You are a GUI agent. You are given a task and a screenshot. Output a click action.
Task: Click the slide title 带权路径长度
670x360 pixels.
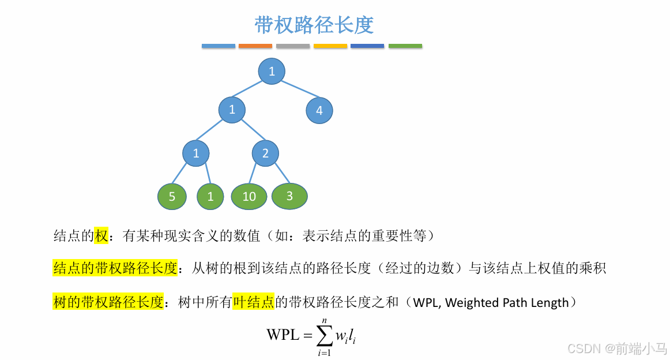[314, 25]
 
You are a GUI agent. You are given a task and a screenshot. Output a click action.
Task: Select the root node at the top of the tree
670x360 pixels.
[272, 72]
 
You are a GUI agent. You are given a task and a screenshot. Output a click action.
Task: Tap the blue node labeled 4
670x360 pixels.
[319, 111]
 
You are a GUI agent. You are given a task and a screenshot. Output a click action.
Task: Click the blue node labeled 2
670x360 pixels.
[265, 153]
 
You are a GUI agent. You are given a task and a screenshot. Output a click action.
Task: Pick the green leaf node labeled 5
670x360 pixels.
[172, 197]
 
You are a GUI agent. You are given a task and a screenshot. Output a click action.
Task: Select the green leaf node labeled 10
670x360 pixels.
[249, 197]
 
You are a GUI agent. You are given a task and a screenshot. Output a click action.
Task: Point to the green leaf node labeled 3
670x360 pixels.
[289, 196]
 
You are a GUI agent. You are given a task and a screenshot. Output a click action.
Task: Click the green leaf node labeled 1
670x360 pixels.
[210, 197]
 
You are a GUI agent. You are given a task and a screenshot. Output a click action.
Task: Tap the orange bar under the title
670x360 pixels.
[255, 46]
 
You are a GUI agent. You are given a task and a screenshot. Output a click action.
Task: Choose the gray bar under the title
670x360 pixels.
[293, 46]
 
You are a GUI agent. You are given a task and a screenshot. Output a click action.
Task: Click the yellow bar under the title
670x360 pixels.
[330, 46]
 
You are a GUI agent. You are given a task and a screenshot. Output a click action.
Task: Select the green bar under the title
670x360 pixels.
[405, 46]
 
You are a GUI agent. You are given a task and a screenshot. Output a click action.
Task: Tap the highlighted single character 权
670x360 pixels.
[101, 235]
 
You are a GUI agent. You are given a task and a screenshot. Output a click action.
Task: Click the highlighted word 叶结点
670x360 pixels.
[254, 302]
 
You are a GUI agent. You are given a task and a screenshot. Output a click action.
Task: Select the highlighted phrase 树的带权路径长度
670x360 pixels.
[108, 302]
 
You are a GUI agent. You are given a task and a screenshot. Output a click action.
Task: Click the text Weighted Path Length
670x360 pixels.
[507, 302]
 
